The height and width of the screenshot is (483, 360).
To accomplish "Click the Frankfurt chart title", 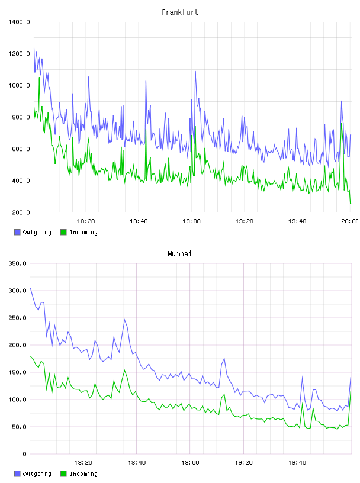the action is click(x=180, y=12).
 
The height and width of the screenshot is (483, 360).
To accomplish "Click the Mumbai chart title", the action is click(x=179, y=254).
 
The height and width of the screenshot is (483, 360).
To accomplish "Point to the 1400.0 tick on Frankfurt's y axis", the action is click(x=19, y=22).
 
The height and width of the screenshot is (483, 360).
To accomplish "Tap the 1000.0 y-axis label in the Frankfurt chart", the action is click(x=19, y=85).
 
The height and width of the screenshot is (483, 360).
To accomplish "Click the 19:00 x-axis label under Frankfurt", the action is click(x=191, y=221).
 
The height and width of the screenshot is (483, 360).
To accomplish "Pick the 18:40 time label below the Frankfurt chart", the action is click(x=139, y=221).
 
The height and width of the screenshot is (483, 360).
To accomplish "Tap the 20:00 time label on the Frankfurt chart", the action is click(x=350, y=221).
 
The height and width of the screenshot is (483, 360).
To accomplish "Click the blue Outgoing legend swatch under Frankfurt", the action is click(x=17, y=232).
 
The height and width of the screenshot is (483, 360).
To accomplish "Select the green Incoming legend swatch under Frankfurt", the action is click(x=63, y=232).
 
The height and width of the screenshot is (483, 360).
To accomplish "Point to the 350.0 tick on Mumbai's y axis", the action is click(x=18, y=263).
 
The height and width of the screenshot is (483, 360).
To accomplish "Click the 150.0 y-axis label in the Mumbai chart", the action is click(x=18, y=372).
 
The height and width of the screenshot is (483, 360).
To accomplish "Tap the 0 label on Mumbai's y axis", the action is click(x=25, y=454).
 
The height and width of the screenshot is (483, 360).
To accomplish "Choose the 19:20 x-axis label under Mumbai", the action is click(x=243, y=462).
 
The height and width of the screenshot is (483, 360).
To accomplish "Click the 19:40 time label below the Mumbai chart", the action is click(x=297, y=462).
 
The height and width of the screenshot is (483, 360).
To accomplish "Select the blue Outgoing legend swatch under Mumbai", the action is click(x=17, y=474).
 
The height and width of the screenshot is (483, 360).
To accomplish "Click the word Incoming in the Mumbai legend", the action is click(x=83, y=474).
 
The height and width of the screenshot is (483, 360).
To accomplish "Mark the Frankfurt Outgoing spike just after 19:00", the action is click(x=195, y=72).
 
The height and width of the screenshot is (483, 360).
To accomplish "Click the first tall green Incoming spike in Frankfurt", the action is click(x=39, y=78).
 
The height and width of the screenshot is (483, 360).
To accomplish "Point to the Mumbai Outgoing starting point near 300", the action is click(x=30, y=288).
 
